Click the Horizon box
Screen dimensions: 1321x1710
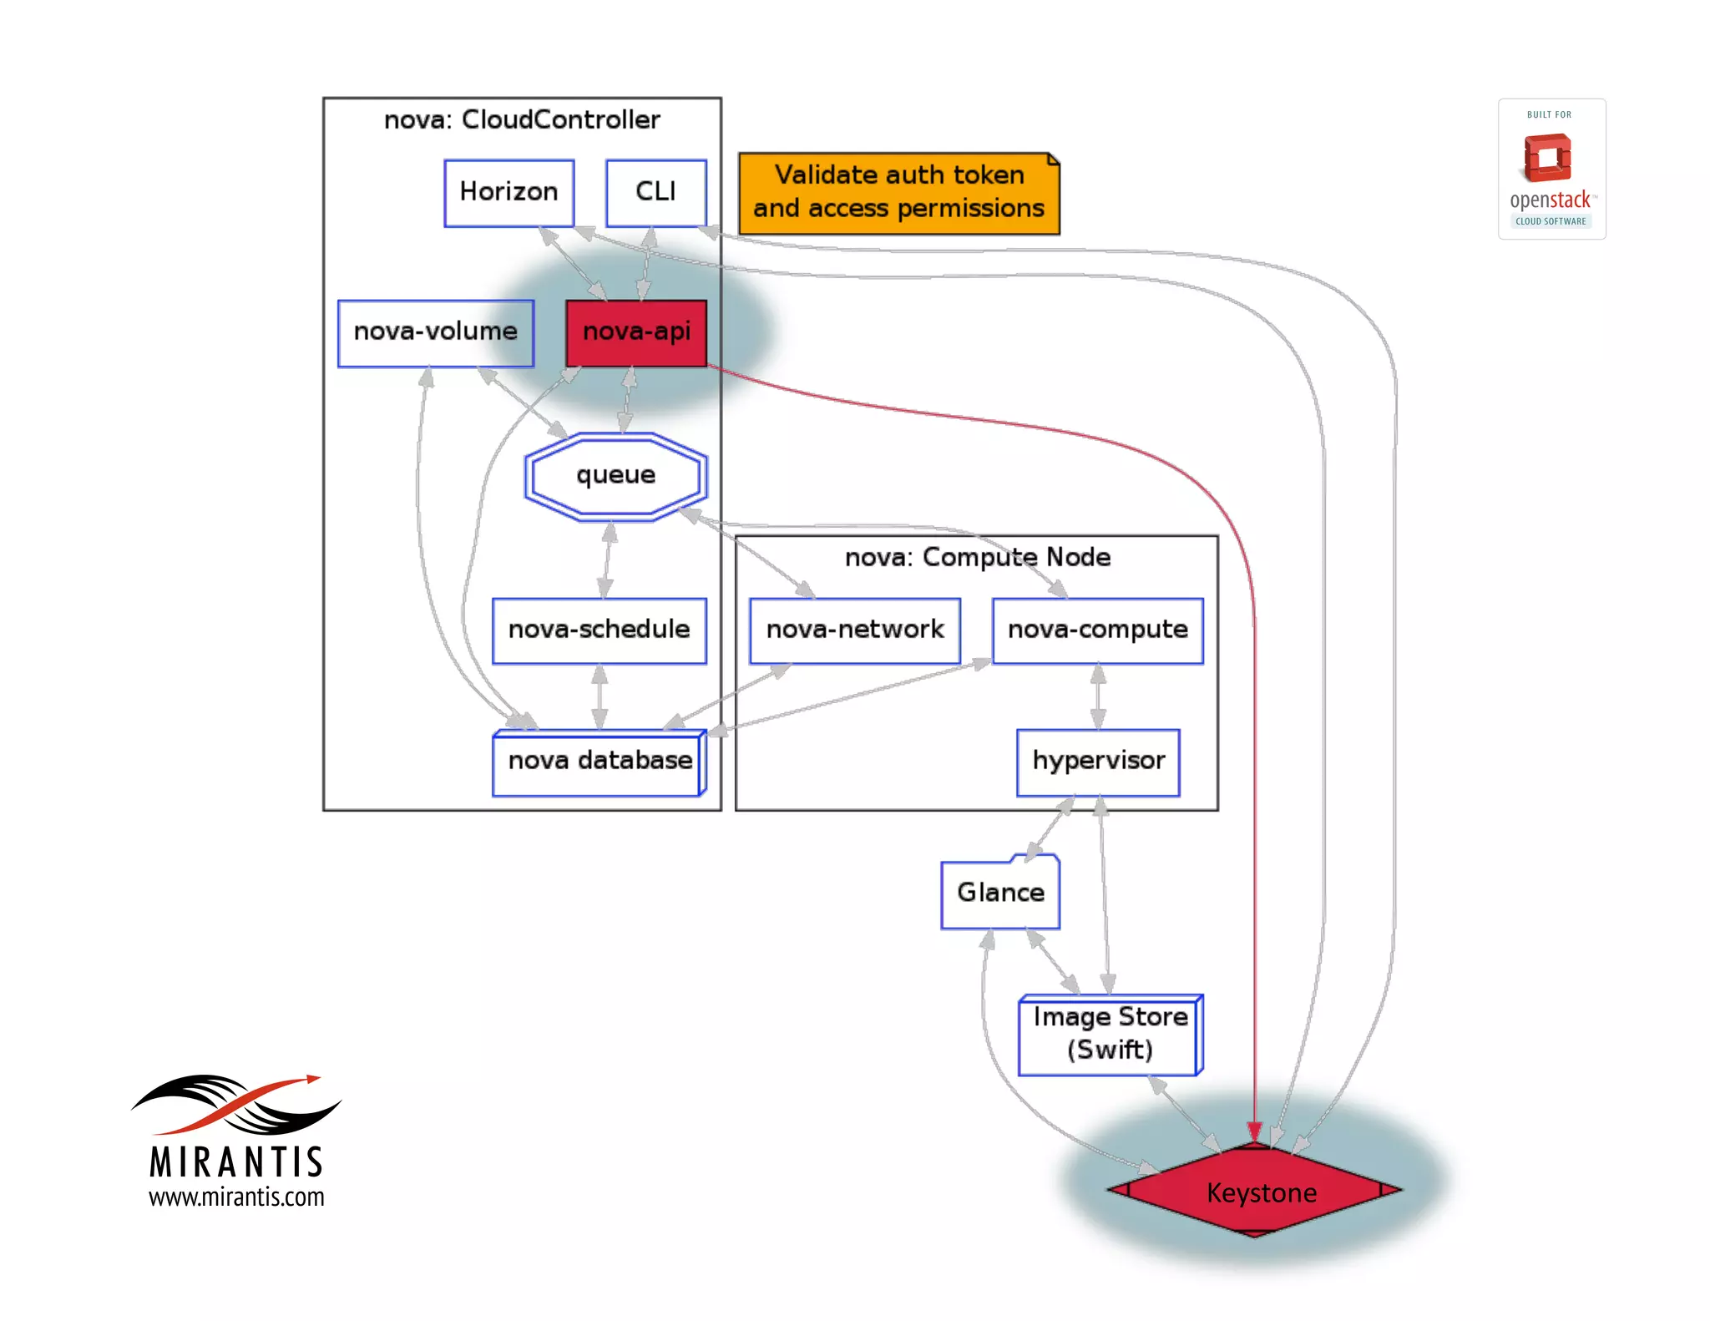click(508, 193)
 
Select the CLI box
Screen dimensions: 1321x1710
click(655, 193)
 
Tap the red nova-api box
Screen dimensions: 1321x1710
click(636, 332)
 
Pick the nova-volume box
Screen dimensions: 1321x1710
click(435, 332)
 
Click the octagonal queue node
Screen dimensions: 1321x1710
click(616, 476)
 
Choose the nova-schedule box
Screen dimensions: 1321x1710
click(599, 630)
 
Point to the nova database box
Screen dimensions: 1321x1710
click(599, 762)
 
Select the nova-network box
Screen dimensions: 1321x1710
click(854, 630)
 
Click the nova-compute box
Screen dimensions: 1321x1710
click(1097, 630)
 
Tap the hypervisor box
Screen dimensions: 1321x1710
click(1098, 762)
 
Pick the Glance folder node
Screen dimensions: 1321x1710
click(1000, 893)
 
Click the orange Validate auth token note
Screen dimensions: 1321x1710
click(898, 193)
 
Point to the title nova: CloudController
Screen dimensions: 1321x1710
click(522, 120)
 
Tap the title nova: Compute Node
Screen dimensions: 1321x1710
click(977, 558)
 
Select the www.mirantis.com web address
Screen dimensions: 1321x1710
click(236, 1197)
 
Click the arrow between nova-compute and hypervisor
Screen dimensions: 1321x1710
click(1098, 696)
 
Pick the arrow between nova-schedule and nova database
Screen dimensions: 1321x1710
click(599, 696)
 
